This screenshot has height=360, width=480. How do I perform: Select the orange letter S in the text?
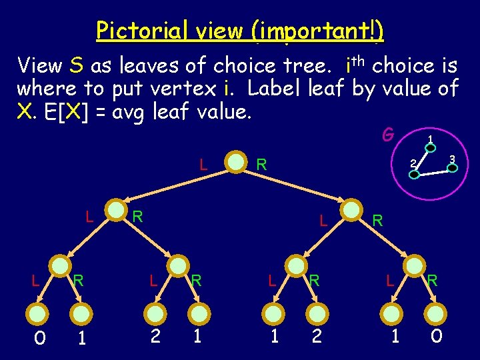[76, 65]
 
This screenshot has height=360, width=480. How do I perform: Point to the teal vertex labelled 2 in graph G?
[414, 174]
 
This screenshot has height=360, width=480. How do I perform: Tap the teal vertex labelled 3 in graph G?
[452, 168]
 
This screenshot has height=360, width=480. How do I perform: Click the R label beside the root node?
[262, 163]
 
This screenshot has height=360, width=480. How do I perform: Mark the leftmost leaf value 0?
[39, 337]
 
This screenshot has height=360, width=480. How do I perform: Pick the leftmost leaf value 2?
[155, 336]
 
